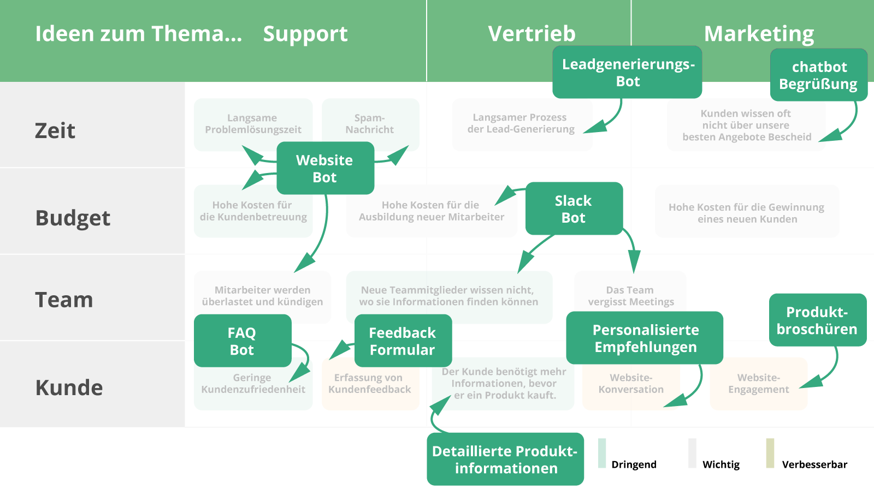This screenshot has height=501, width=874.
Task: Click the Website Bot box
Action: [325, 168]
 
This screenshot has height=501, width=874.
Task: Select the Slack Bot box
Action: [574, 208]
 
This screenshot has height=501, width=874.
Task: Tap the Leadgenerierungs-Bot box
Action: [627, 72]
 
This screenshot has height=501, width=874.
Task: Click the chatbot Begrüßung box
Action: [818, 75]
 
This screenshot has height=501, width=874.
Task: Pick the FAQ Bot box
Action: [242, 341]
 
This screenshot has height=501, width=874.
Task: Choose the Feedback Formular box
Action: [403, 341]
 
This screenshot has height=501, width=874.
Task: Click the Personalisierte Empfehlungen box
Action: [645, 338]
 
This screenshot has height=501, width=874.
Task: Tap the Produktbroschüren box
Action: [817, 320]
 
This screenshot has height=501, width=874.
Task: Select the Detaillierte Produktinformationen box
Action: [505, 459]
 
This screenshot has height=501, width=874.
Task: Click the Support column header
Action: [305, 34]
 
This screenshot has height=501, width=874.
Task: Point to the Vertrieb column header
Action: [532, 34]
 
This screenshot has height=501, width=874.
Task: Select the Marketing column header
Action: [759, 34]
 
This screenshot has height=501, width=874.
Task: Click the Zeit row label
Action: [55, 130]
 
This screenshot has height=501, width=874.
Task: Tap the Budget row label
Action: [73, 218]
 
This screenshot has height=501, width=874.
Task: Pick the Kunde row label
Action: [69, 387]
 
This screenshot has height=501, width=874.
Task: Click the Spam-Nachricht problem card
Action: [370, 123]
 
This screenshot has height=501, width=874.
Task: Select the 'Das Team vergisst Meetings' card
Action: [630, 296]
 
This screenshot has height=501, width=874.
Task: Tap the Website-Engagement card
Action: [758, 384]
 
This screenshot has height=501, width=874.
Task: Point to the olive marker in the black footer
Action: [770, 453]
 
